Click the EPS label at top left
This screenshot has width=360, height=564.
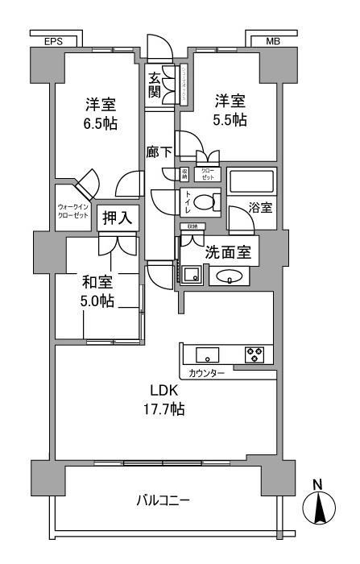click(54, 39)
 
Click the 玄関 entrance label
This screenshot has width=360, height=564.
click(155, 84)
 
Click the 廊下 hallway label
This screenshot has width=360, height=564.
click(159, 151)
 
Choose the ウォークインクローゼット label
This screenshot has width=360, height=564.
click(74, 212)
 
